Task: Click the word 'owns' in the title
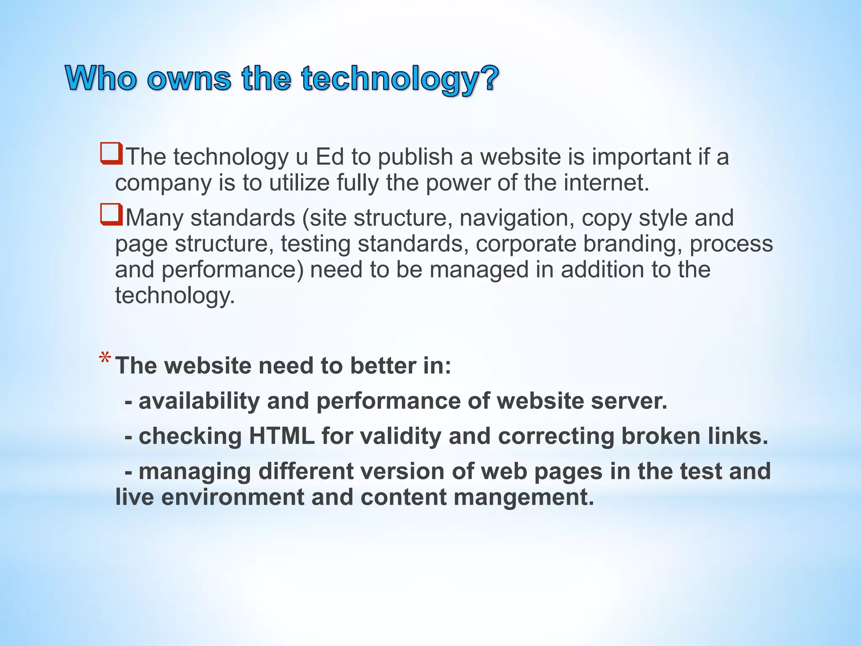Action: [x=189, y=79]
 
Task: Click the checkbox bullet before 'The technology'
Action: [x=111, y=154]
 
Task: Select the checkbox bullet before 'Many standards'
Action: [x=111, y=215]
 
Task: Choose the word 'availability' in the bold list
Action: [x=199, y=401]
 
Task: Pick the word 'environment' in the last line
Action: [x=232, y=497]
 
